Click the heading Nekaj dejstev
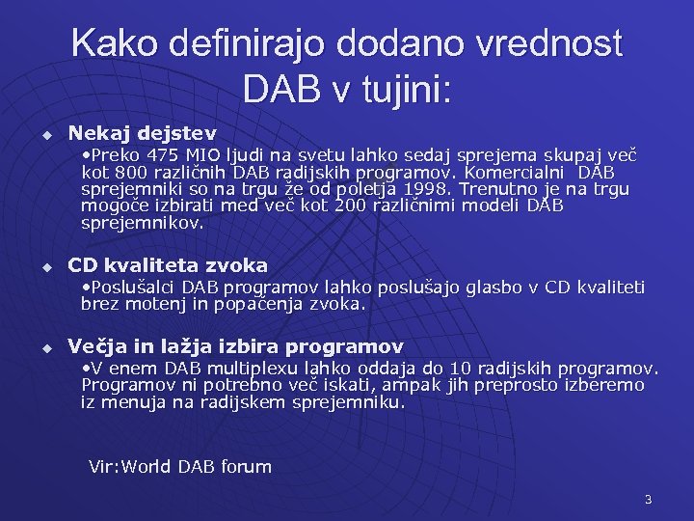[143, 132]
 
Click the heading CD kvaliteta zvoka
[168, 264]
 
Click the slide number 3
[648, 499]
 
